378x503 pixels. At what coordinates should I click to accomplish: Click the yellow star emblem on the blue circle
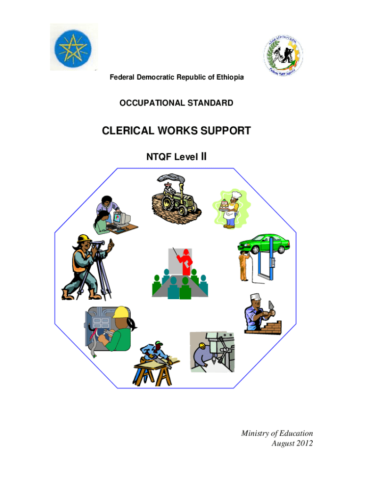[73, 48]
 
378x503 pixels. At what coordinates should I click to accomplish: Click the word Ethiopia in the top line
[227, 78]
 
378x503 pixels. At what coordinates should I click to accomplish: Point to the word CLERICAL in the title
[125, 131]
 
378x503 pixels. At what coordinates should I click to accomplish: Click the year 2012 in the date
[302, 444]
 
